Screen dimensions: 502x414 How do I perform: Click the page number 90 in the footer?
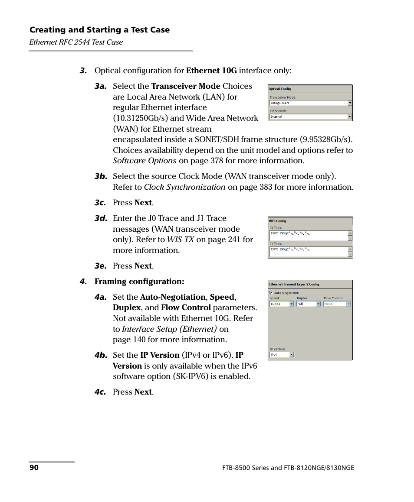[34, 468]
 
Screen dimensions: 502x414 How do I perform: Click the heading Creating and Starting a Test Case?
[99, 30]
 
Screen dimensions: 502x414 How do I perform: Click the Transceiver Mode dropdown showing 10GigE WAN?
[310, 103]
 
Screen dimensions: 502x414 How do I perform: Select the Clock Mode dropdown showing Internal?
[310, 117]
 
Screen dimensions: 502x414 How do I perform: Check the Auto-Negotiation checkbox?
[271, 293]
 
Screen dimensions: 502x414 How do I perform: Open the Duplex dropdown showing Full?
[309, 304]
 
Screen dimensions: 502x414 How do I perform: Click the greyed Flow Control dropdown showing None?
[337, 304]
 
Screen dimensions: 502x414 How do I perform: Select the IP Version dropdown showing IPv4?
[282, 355]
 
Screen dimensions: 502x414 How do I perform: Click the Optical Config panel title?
[280, 89]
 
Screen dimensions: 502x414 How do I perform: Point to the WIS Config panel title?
[278, 221]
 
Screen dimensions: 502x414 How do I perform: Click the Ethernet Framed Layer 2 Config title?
[294, 284]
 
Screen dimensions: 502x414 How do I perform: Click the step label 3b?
[101, 176]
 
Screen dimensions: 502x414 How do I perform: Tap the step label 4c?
[101, 392]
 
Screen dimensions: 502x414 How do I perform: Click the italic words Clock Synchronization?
[184, 187]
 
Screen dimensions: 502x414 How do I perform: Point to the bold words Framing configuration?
[139, 282]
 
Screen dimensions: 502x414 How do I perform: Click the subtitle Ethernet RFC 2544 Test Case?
[76, 42]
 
